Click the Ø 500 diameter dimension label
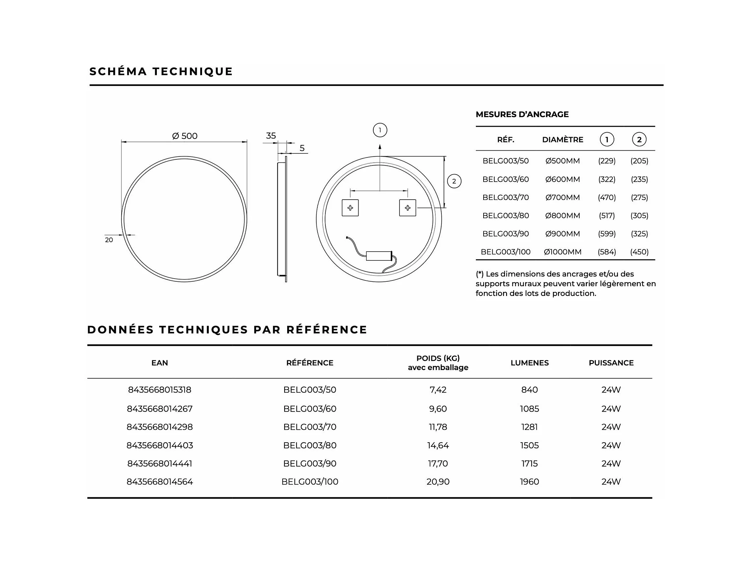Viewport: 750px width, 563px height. [184, 136]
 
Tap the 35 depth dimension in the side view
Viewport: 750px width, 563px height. [270, 136]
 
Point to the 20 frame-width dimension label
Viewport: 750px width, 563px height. [109, 240]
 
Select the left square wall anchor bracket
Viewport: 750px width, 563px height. [350, 208]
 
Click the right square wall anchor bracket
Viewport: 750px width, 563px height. [407, 208]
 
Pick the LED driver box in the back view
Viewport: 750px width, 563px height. [379, 256]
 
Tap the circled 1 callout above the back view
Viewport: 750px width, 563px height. [380, 130]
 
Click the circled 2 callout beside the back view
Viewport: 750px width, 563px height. [454, 181]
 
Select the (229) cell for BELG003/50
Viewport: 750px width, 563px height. [607, 161]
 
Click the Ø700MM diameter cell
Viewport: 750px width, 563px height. [562, 197]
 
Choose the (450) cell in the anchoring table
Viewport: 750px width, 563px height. [639, 252]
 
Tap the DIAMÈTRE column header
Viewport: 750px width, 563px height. [562, 140]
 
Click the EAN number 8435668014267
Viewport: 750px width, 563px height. [160, 409]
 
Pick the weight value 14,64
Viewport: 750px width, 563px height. [438, 445]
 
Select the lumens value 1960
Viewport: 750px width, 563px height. [529, 481]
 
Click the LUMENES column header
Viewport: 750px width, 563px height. [529, 363]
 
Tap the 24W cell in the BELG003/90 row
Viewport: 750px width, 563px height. [611, 464]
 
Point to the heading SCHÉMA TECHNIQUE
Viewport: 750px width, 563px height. [161, 71]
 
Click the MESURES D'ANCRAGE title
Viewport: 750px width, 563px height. [522, 114]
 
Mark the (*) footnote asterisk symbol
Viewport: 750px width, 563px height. [480, 274]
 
